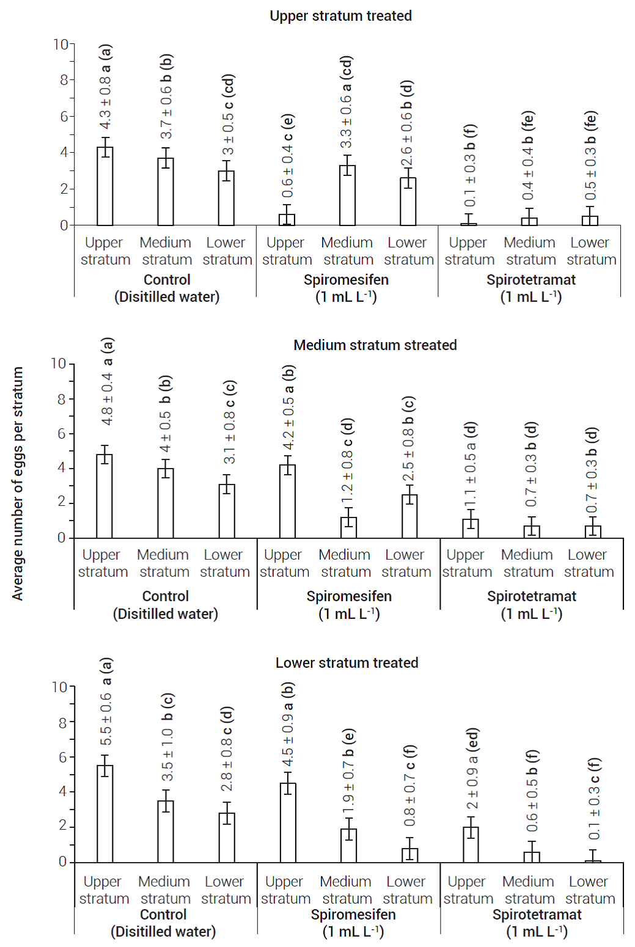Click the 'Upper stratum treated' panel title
[x=340, y=16]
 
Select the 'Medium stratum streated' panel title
[x=375, y=345]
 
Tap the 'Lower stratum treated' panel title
[x=347, y=663]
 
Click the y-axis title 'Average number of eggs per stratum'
[x=18, y=483]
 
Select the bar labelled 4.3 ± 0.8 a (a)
[x=105, y=186]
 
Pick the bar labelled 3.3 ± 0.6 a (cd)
[x=347, y=196]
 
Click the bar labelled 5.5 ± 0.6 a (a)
[x=105, y=813]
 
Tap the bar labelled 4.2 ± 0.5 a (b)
[x=287, y=501]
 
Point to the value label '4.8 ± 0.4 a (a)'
[x=107, y=382]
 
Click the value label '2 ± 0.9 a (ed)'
[x=472, y=768]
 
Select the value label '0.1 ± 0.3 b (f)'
[x=469, y=166]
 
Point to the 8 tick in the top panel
[x=64, y=80]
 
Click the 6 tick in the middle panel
[x=61, y=434]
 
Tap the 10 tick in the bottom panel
[x=59, y=687]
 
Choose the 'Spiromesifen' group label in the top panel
[x=346, y=280]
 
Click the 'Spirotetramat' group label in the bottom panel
[x=537, y=915]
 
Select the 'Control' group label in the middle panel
[x=165, y=596]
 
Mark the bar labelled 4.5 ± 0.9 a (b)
[x=288, y=822]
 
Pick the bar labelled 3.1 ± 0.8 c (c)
[x=227, y=511]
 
